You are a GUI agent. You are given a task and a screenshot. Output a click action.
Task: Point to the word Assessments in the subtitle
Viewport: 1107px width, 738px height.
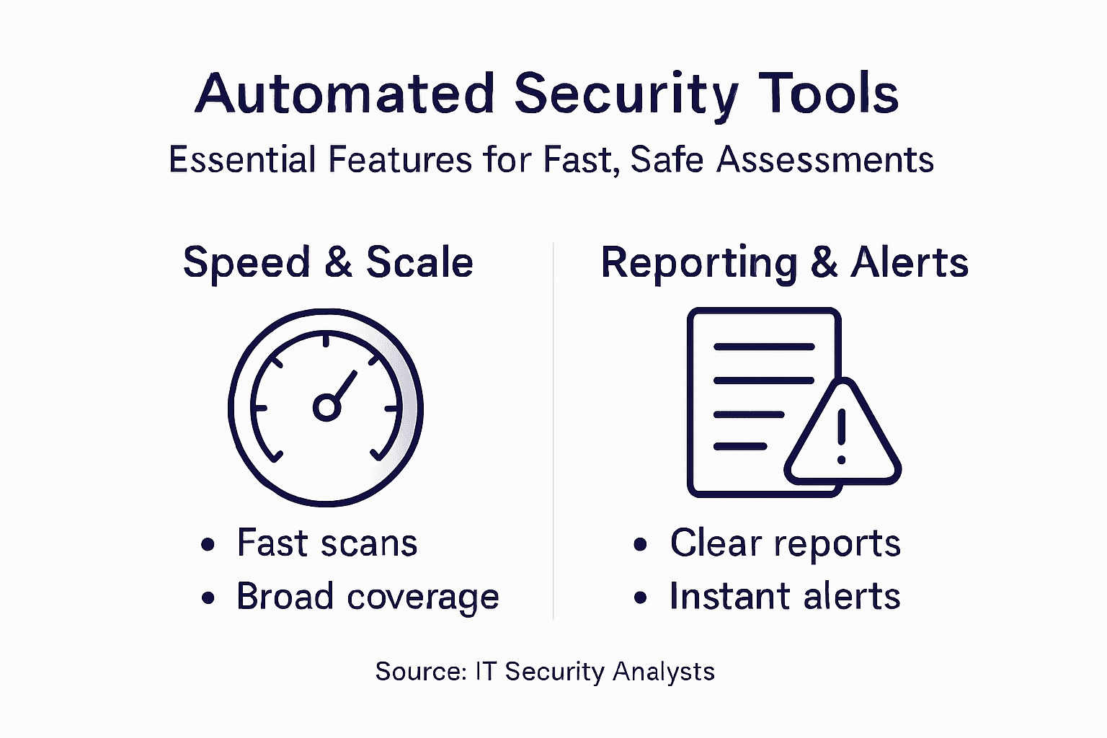[x=825, y=159]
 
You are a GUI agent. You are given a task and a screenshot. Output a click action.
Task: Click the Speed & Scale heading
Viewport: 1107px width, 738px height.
[x=328, y=262]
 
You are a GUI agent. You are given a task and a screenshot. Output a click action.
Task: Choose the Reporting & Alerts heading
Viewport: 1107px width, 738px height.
[x=784, y=262]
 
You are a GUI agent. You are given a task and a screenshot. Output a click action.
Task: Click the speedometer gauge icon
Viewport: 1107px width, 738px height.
[x=326, y=407]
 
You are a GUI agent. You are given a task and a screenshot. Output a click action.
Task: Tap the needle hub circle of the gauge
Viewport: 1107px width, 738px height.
[x=326, y=408]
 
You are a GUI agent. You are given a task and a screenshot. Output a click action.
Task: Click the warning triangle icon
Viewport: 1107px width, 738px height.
[x=842, y=436]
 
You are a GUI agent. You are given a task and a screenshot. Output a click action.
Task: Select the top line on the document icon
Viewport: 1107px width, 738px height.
[x=763, y=347]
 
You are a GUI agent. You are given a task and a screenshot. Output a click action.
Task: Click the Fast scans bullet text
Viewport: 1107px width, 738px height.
[x=327, y=543]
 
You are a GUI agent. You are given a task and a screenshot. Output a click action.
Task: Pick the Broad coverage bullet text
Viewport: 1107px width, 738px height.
[x=368, y=597]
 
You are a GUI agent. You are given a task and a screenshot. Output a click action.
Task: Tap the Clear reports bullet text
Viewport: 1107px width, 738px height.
[x=785, y=543]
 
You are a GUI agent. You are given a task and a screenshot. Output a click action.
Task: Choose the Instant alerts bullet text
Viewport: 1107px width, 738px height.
[x=785, y=597]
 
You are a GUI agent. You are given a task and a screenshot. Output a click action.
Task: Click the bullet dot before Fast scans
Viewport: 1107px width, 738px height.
[x=208, y=544]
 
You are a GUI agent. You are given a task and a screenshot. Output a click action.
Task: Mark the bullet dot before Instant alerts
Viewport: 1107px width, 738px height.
[x=640, y=598]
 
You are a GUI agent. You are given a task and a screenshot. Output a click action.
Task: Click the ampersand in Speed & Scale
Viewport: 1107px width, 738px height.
[x=338, y=262]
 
